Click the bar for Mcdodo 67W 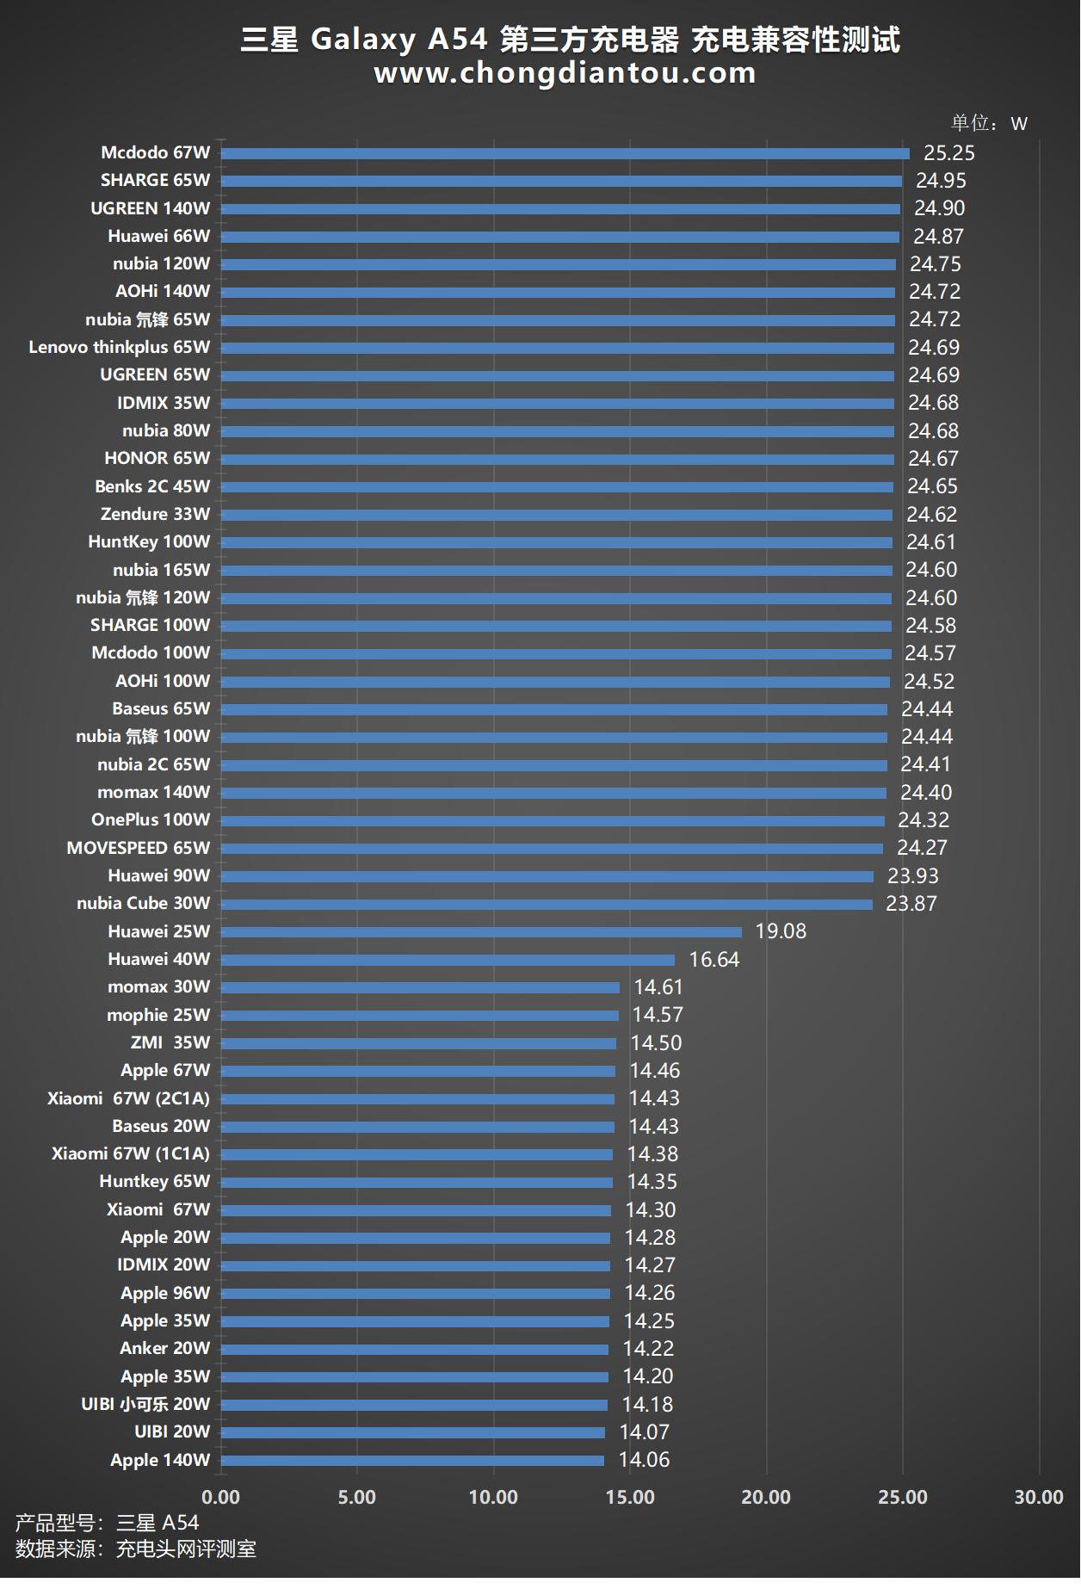tap(565, 153)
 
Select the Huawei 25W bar tap(481, 932)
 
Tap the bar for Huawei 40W tap(448, 960)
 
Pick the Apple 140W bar tap(412, 1461)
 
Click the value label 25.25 tap(948, 153)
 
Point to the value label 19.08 tap(781, 931)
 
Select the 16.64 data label tap(713, 960)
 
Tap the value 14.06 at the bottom tap(644, 1460)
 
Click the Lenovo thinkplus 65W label tap(120, 348)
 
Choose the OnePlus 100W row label tap(151, 820)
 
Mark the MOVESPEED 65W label tap(139, 848)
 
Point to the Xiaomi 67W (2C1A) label tap(129, 1098)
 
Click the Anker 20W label tap(165, 1349)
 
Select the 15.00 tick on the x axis tap(630, 1498)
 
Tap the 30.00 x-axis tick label tap(1039, 1498)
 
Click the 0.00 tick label tap(221, 1498)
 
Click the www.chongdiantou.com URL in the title tap(565, 74)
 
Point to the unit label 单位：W tap(989, 124)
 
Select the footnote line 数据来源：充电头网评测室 tap(136, 1549)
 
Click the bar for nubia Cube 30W tap(547, 904)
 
